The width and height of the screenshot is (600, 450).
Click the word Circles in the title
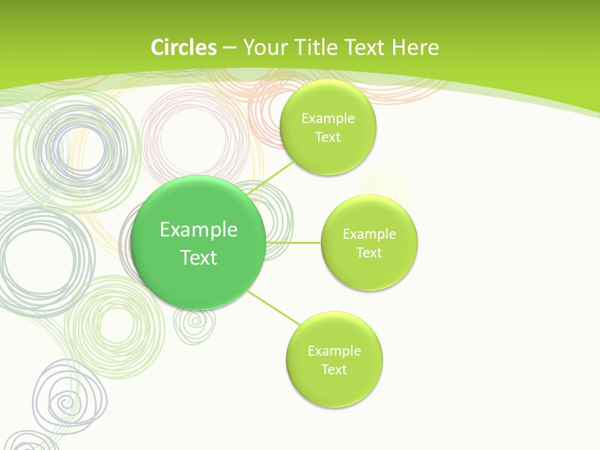pos(183,47)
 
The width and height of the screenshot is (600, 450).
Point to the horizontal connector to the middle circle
pos(294,242)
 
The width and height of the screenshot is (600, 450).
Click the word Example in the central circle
pos(199,230)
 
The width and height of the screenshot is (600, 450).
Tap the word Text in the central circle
pos(199,257)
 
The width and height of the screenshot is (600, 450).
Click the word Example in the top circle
pos(328,119)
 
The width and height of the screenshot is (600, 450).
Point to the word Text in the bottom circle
pos(334,369)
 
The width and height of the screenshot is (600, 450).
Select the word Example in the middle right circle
pos(369,234)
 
